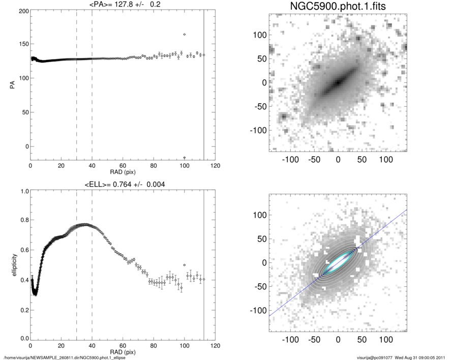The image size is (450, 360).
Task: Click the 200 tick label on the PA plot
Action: (x=22, y=11)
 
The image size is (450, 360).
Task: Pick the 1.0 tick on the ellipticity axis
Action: (x=23, y=192)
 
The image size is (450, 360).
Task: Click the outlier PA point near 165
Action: (x=184, y=35)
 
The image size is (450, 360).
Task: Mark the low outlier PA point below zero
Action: (x=184, y=158)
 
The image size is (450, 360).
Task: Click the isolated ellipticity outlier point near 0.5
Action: (x=184, y=265)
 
